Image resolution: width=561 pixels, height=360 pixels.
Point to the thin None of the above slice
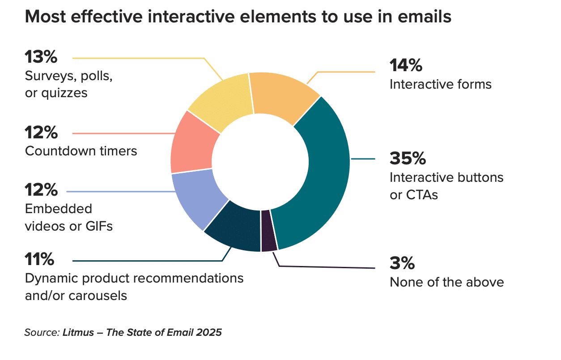(x=268, y=230)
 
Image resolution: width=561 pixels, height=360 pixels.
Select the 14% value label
(x=406, y=66)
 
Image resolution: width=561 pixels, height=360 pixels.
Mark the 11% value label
(x=39, y=259)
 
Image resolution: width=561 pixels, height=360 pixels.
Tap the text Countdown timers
(x=81, y=151)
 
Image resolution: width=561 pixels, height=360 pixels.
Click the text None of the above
(x=446, y=283)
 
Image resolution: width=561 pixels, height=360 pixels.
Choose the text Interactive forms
(x=440, y=84)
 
